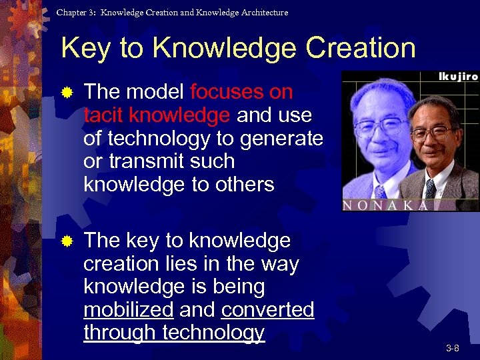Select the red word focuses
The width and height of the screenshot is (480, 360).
[x=225, y=92]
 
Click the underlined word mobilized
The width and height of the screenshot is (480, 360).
[x=128, y=310]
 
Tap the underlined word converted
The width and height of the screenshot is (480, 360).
[x=267, y=310]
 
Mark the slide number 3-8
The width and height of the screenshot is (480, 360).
[x=452, y=348]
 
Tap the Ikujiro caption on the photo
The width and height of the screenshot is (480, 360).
[x=457, y=77]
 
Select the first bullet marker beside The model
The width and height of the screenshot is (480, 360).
[x=67, y=93]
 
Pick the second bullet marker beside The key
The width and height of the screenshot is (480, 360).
[x=67, y=241]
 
